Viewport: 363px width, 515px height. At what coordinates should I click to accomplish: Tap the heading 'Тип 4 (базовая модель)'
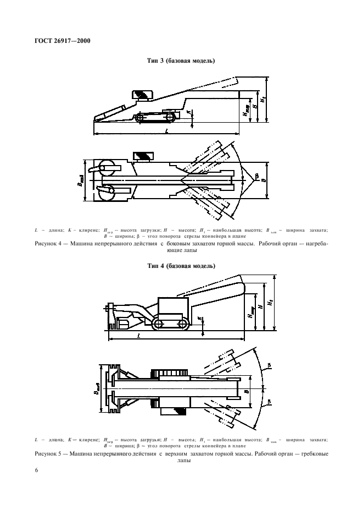point(181,266)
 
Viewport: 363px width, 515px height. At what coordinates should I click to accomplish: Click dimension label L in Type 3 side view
point(166,132)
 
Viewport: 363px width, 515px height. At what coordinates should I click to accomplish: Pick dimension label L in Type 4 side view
point(138,335)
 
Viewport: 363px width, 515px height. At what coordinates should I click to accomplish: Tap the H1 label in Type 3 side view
point(264,100)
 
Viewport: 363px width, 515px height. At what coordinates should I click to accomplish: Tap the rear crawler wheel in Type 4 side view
point(159,325)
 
